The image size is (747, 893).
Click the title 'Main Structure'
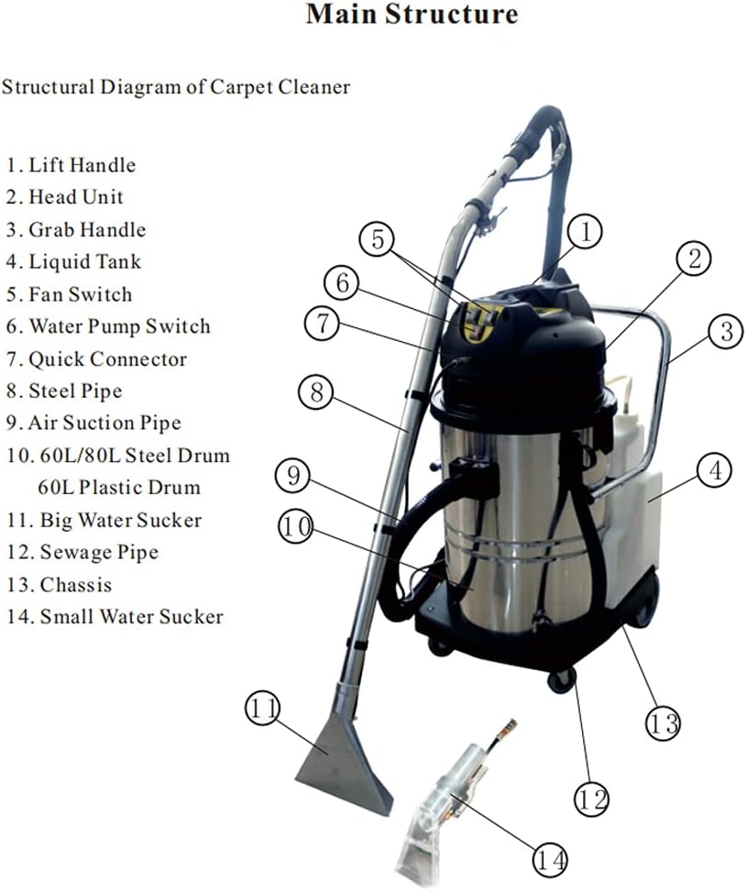pyautogui.click(x=412, y=15)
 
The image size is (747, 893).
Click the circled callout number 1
pyautogui.click(x=586, y=231)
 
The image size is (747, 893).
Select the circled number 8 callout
pyautogui.click(x=316, y=393)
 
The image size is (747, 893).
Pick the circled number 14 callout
pyautogui.click(x=549, y=859)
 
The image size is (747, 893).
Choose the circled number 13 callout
pyautogui.click(x=664, y=722)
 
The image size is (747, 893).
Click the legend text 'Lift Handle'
pyautogui.click(x=82, y=165)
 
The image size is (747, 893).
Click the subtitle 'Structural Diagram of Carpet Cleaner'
pyautogui.click(x=176, y=87)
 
